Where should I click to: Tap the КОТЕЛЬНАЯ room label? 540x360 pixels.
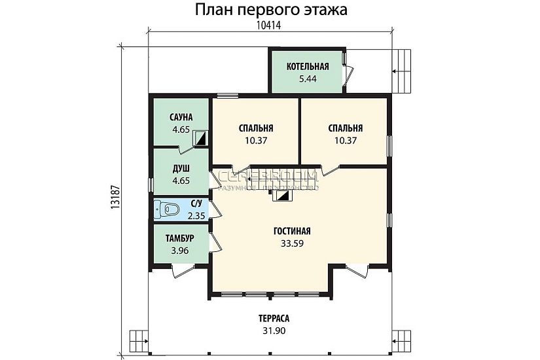click(x=308, y=67)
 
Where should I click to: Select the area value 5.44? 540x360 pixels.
click(x=308, y=79)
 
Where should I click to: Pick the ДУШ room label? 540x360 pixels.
click(x=181, y=168)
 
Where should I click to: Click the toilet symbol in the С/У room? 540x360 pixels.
click(x=168, y=209)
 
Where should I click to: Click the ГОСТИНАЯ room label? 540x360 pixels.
click(x=292, y=232)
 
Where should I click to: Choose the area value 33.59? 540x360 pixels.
click(x=292, y=243)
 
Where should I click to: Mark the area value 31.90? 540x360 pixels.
click(x=274, y=331)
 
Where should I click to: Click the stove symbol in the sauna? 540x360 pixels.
click(x=202, y=138)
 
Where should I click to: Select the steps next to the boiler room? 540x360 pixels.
click(x=402, y=62)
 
